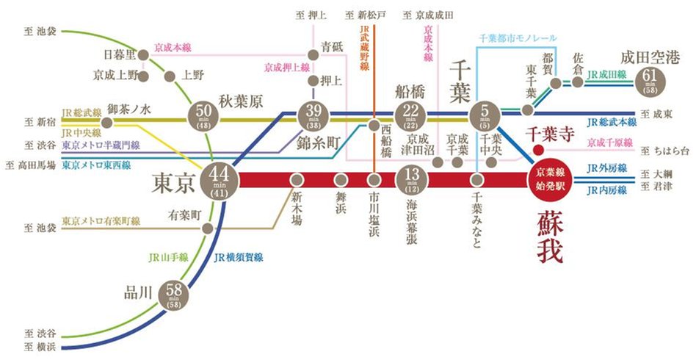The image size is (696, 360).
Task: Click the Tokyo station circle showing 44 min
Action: coord(219,179)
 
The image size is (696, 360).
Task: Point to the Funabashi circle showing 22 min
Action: coord(409,115)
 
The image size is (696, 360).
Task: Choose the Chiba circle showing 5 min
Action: coord(484,115)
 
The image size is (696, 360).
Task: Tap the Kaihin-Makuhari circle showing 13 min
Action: coord(409,179)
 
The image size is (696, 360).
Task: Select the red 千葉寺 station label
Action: coord(548,133)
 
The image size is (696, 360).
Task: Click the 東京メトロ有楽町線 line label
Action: coord(99,220)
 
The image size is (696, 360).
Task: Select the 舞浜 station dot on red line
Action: coord(341,179)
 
